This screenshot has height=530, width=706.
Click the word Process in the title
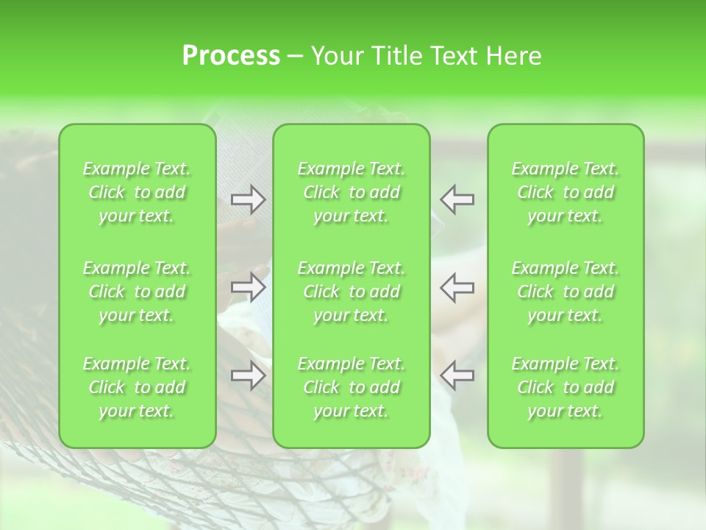click(x=231, y=56)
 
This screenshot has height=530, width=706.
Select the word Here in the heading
click(x=513, y=56)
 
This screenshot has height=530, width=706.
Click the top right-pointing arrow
click(x=248, y=199)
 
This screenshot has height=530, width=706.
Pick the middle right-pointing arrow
click(x=248, y=288)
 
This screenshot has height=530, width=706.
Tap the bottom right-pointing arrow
click(x=248, y=375)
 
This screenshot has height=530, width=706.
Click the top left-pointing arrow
click(x=457, y=199)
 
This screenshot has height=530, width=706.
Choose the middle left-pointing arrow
click(x=457, y=288)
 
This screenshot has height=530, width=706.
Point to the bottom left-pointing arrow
click(x=457, y=375)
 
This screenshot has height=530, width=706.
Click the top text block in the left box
click(x=137, y=192)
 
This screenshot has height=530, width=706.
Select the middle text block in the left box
click(x=137, y=291)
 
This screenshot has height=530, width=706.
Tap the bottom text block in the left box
click(x=137, y=387)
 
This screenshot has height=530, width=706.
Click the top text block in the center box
click(x=352, y=192)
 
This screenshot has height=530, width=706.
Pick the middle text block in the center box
click(x=352, y=291)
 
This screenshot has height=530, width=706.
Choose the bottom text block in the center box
click(x=352, y=387)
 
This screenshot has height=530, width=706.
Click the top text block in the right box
click(x=566, y=192)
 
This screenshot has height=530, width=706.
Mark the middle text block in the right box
click(x=566, y=291)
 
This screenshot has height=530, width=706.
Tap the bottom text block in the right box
click(x=566, y=387)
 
